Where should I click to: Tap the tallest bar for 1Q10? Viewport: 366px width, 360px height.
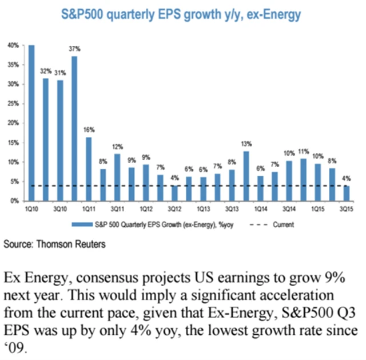pyautogui.click(x=31, y=122)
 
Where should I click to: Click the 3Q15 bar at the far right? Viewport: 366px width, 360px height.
pyautogui.click(x=347, y=193)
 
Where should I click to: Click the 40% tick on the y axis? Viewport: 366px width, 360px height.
pyautogui.click(x=13, y=45)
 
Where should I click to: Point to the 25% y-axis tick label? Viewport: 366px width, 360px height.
pyautogui.click(x=13, y=104)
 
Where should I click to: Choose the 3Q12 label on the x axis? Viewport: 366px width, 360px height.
pyautogui.click(x=175, y=210)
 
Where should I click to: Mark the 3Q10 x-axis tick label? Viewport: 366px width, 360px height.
pyautogui.click(x=60, y=210)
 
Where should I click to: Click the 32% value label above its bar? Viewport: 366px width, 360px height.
pyautogui.click(x=46, y=72)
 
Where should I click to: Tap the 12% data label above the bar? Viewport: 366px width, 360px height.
pyautogui.click(x=117, y=147)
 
